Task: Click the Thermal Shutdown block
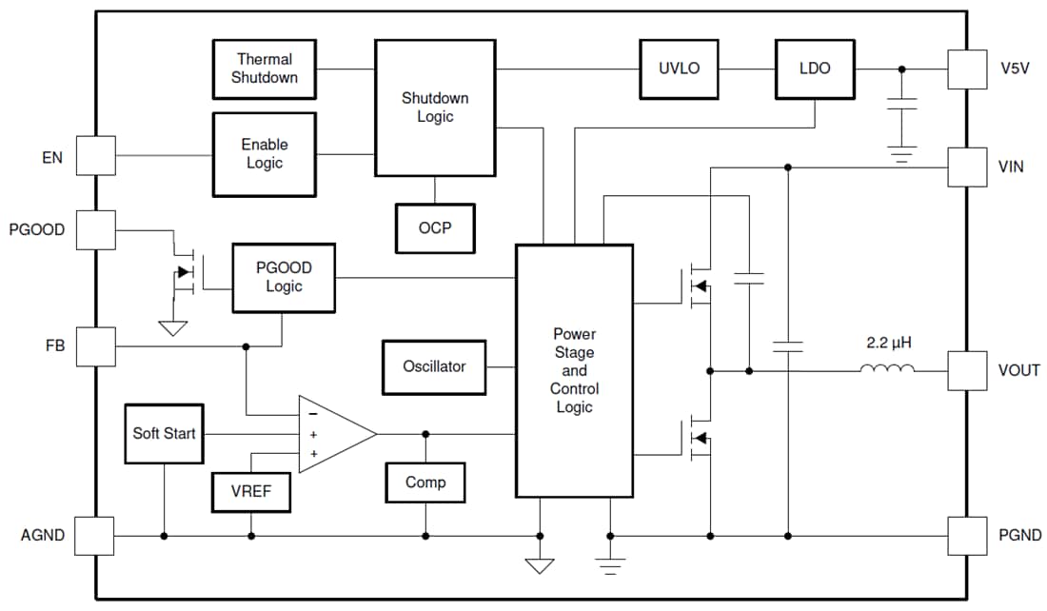(x=264, y=69)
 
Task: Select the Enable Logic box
(x=264, y=154)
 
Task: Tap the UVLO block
(x=679, y=69)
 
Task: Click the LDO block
(x=815, y=69)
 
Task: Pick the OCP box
(x=435, y=228)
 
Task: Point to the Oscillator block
(x=434, y=366)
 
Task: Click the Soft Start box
(x=165, y=434)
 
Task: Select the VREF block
(x=251, y=492)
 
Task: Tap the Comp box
(x=425, y=483)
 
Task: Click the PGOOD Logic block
(x=284, y=277)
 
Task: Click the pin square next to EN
(x=95, y=155)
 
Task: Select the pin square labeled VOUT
(x=967, y=370)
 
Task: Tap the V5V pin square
(x=967, y=69)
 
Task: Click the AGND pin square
(x=95, y=536)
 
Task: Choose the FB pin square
(x=95, y=346)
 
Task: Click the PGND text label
(x=1020, y=536)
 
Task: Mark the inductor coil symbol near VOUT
(x=887, y=369)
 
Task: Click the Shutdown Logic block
(x=435, y=108)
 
